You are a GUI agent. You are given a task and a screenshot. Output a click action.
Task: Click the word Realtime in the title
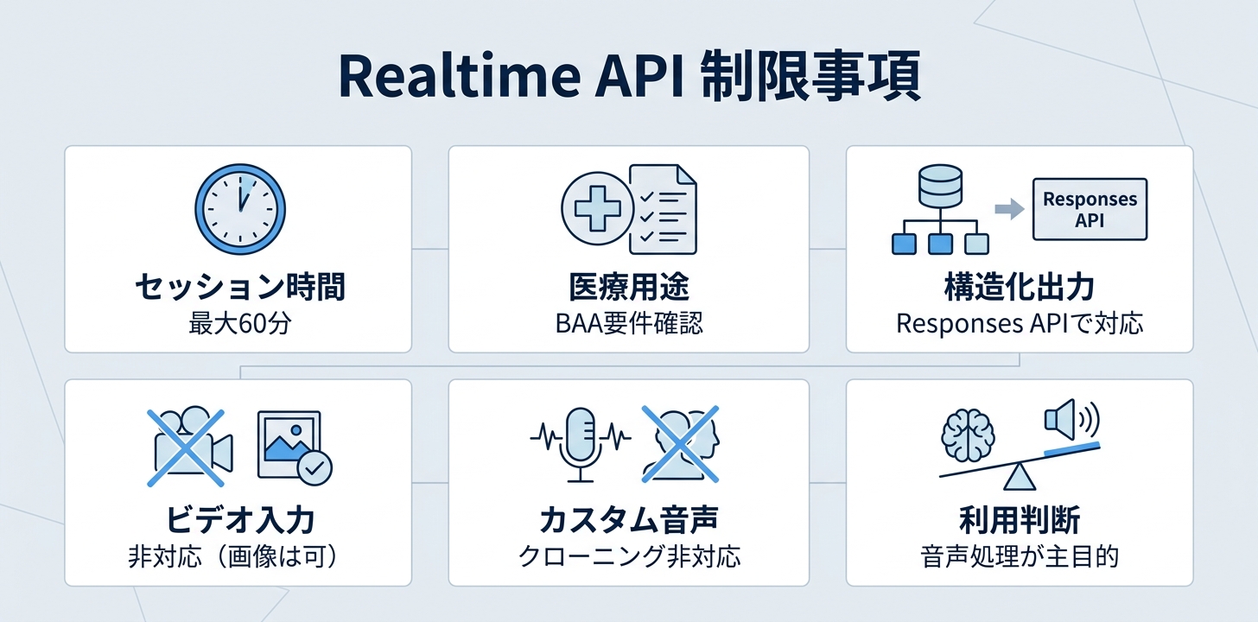coord(460,76)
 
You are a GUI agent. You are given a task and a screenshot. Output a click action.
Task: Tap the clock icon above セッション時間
coord(240,209)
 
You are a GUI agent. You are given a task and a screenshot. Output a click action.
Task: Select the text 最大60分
coord(240,324)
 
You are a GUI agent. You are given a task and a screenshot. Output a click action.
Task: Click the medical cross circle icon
coord(597,208)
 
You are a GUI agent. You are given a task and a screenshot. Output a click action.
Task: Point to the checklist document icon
coord(664,209)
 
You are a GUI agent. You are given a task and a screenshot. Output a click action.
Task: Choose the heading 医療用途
coord(629,287)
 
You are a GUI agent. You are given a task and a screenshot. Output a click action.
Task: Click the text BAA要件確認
coord(629,324)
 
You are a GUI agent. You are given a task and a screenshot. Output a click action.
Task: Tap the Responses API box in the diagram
coord(1090,209)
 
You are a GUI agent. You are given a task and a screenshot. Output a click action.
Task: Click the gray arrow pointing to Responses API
coord(1009,209)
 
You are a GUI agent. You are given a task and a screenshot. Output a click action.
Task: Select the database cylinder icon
coord(940,185)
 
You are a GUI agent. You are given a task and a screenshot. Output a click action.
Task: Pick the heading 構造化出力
coord(1020,287)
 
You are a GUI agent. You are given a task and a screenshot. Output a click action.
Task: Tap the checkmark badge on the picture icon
coord(314,467)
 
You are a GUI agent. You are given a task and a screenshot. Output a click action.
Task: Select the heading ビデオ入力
coord(240,520)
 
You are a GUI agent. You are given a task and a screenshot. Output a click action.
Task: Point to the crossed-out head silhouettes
coord(681,444)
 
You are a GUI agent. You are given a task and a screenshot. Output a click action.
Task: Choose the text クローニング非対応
coord(629,557)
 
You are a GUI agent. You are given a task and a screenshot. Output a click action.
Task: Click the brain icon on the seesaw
coord(967,435)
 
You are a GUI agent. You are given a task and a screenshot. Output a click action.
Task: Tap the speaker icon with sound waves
coord(1071,419)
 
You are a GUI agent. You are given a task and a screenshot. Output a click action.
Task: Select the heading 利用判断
coord(1020,520)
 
